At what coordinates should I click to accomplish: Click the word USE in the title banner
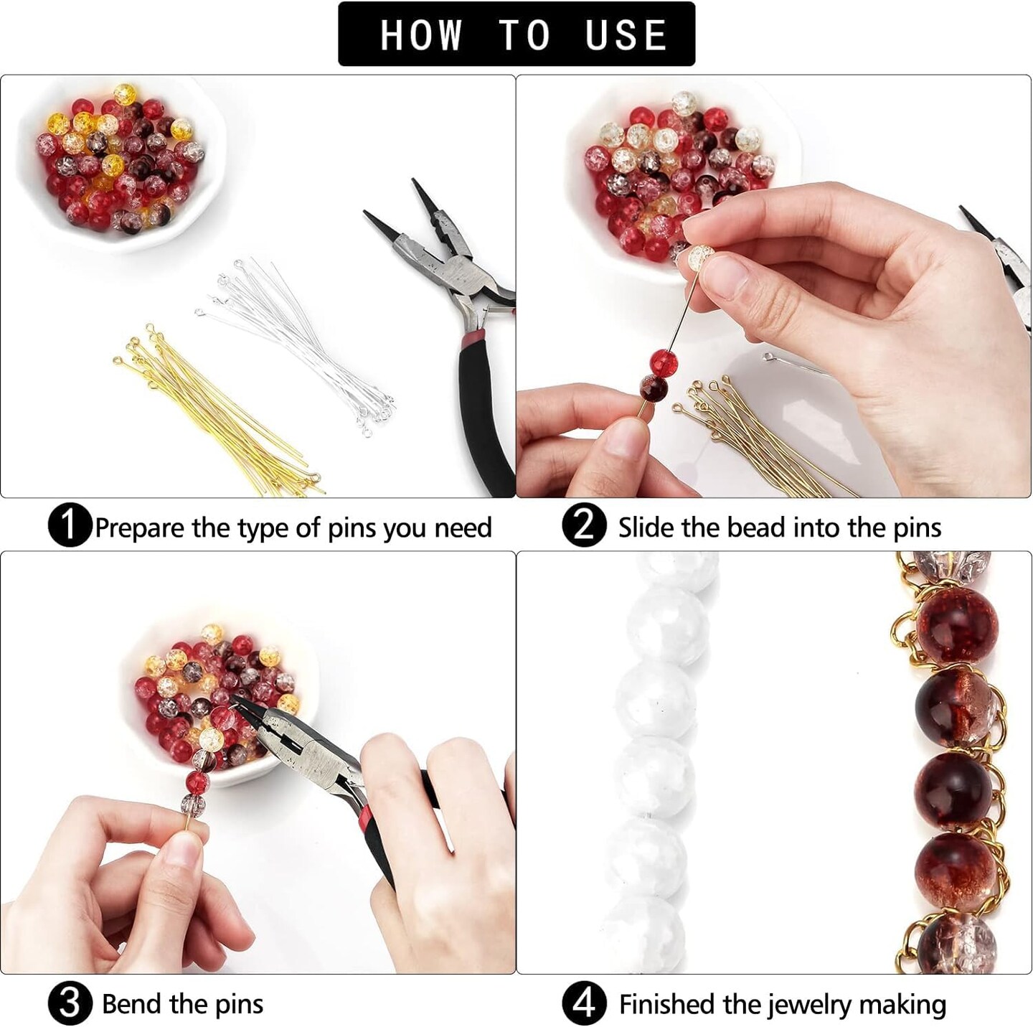click(625, 35)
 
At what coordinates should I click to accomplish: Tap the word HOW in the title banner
click(420, 35)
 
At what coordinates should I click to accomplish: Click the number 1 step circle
click(70, 526)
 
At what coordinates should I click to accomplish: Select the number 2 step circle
click(585, 526)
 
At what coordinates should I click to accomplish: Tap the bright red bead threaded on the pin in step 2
click(664, 362)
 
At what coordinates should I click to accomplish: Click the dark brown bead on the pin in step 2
click(654, 389)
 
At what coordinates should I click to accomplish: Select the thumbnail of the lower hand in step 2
click(624, 439)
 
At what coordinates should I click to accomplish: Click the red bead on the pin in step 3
click(198, 783)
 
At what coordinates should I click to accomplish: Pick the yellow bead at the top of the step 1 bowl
click(124, 95)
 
